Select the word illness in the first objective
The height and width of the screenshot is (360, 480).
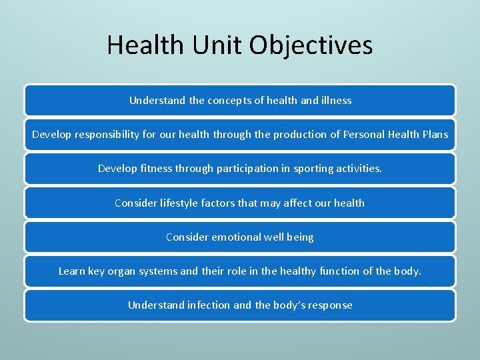(335, 101)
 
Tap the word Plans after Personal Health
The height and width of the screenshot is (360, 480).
(435, 135)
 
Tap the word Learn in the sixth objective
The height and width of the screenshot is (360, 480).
(71, 271)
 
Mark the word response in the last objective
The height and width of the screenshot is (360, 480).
(331, 305)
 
